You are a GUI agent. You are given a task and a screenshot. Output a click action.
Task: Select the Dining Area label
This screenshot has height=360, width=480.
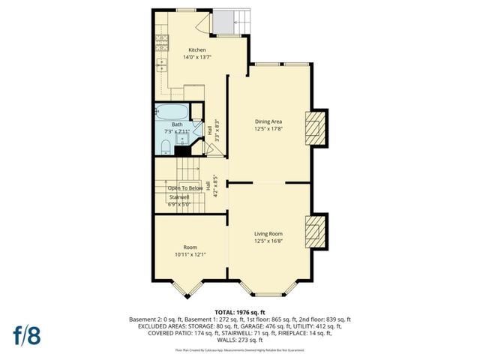pyautogui.click(x=268, y=121)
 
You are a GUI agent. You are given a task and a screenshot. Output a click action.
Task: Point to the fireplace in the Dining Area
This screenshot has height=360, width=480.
pyautogui.click(x=316, y=128)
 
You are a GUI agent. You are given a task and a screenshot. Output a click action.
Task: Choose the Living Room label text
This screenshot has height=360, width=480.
pyautogui.click(x=268, y=234)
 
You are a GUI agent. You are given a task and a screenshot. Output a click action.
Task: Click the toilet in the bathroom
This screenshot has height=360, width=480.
pyautogui.click(x=166, y=145)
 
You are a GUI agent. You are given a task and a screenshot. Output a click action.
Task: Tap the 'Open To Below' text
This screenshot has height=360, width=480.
pyautogui.click(x=184, y=188)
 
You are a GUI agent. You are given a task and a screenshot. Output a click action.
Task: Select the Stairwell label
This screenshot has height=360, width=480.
pyautogui.click(x=180, y=196)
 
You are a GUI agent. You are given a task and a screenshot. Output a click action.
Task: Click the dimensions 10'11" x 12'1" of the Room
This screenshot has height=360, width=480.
pyautogui.click(x=190, y=254)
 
